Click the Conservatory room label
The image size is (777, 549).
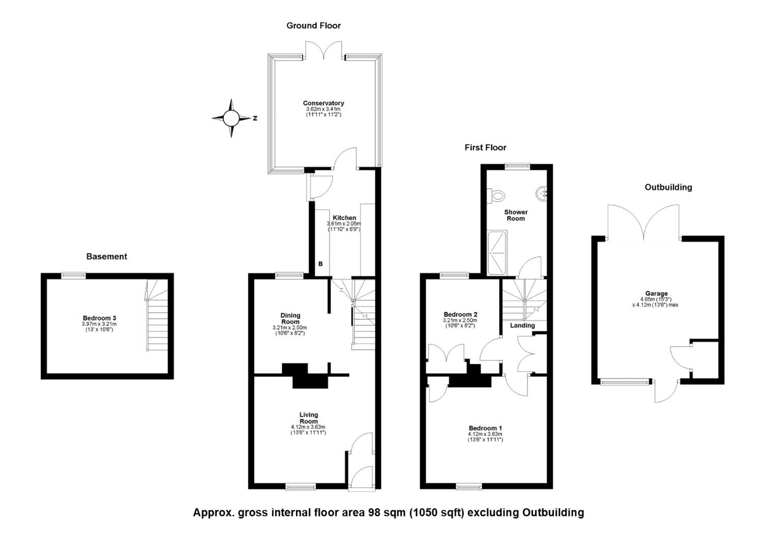[x=323, y=103]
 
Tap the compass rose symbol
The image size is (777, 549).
[x=231, y=118]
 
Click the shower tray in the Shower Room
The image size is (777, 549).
[x=497, y=253]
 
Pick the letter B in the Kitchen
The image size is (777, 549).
[x=320, y=264]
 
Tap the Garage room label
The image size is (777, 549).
[x=656, y=293]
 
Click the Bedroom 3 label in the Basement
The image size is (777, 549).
[x=99, y=318]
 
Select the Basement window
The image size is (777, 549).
[x=74, y=276]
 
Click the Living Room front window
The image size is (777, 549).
[x=301, y=487]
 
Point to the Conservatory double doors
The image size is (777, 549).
[x=323, y=51]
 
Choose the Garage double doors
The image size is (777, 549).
[x=643, y=222]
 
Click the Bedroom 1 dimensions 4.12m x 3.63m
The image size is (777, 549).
[x=485, y=434]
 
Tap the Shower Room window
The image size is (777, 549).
[x=518, y=166]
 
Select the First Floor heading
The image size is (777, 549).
[x=485, y=147]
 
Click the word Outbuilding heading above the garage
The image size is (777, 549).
[x=668, y=187]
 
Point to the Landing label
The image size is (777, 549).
[x=522, y=325]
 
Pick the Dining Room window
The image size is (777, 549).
[x=289, y=276]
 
